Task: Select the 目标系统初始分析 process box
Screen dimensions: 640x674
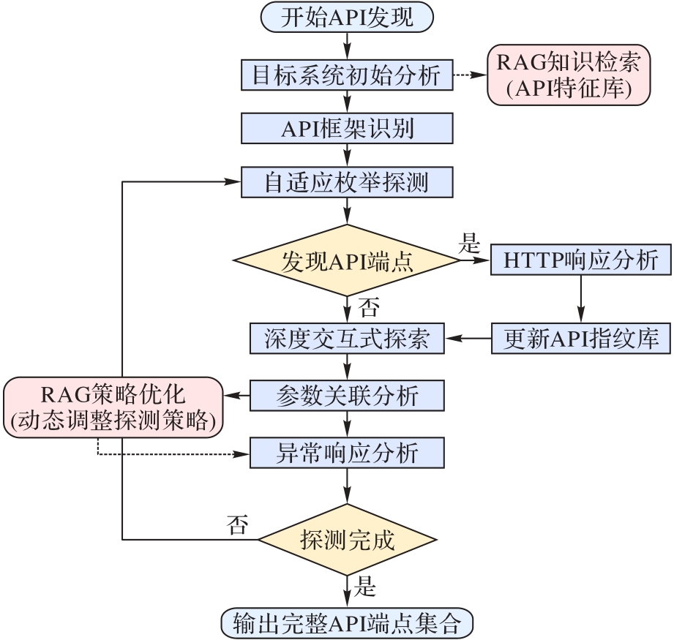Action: click(347, 75)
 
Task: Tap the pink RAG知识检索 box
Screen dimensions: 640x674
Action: click(569, 75)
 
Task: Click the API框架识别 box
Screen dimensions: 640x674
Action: click(347, 129)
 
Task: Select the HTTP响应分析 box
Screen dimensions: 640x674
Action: click(580, 260)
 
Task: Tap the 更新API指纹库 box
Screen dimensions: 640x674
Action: click(580, 338)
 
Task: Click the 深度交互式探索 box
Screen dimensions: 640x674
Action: click(347, 338)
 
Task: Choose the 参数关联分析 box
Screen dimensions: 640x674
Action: click(347, 396)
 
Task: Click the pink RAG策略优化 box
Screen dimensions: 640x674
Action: click(113, 407)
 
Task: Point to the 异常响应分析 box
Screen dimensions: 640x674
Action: click(347, 453)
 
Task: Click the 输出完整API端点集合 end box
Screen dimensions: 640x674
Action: click(347, 624)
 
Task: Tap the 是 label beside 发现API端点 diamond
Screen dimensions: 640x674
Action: click(468, 244)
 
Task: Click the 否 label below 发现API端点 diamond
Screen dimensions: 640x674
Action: click(370, 306)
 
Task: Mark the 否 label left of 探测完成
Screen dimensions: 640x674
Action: click(237, 524)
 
